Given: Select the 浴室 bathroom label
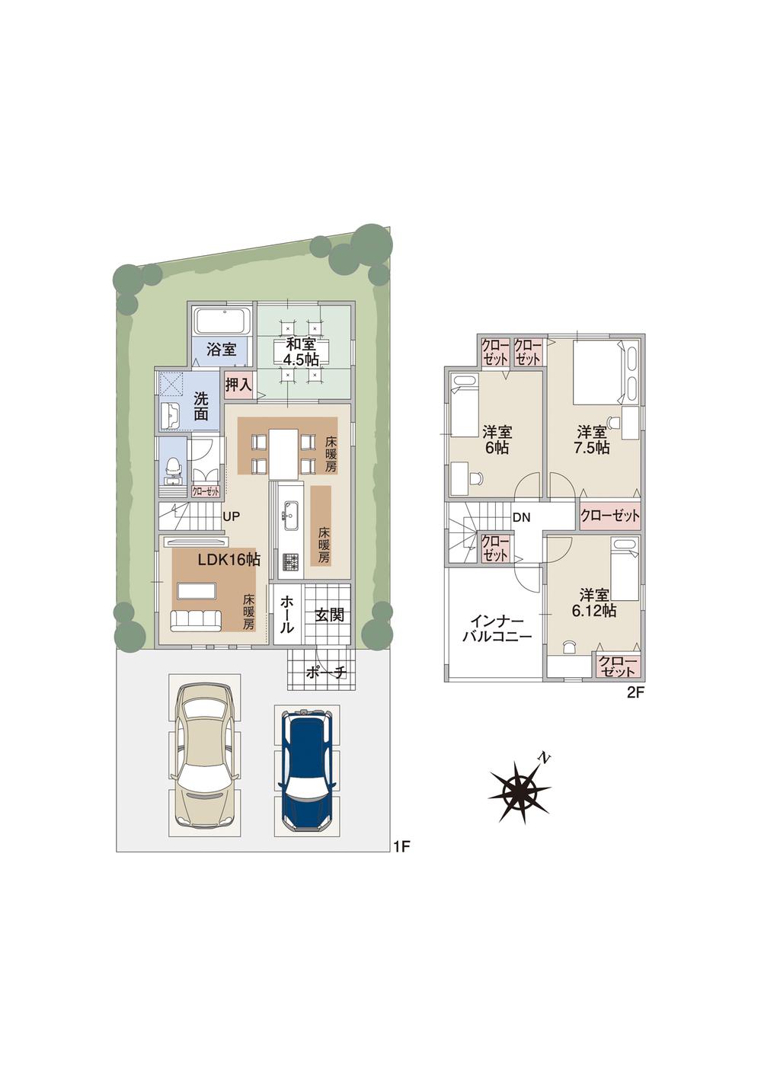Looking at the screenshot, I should point(222,350).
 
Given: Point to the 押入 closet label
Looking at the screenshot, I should point(238,384).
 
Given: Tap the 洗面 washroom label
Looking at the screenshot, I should point(200,406).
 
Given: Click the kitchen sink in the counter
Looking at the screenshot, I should point(289,516).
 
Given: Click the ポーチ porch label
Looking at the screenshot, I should point(325,672).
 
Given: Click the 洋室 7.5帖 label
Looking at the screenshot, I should point(592,440).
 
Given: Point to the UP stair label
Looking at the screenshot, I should point(232,516).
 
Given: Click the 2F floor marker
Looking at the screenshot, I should point(635,692).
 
